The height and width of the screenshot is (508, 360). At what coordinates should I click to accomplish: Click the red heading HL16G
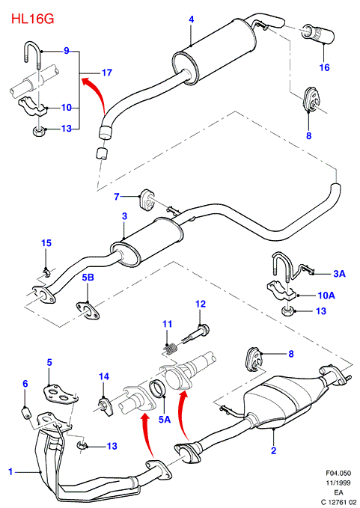(33, 19)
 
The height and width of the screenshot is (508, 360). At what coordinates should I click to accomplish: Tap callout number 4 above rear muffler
(191, 19)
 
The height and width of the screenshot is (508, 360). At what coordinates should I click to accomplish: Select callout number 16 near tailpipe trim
(324, 68)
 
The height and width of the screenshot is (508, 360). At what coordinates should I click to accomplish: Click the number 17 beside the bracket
(106, 73)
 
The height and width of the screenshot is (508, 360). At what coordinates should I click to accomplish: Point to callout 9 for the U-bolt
(67, 51)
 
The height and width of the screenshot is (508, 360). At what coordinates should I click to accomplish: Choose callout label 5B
(87, 278)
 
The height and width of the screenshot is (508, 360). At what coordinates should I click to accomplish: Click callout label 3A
(339, 274)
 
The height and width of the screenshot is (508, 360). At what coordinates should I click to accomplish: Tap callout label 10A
(326, 296)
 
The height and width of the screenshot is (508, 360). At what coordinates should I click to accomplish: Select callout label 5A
(165, 420)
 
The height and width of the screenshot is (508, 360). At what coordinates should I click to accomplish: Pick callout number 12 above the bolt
(201, 304)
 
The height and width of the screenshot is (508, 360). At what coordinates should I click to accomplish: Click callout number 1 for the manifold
(10, 471)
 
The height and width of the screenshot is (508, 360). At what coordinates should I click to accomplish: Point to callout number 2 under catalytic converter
(274, 450)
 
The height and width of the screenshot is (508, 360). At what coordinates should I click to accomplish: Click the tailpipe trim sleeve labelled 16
(318, 34)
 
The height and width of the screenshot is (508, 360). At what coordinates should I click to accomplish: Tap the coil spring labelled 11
(169, 350)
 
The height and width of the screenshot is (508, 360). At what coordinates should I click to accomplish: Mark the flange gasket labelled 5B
(87, 310)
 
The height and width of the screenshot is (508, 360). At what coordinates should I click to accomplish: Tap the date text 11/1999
(338, 483)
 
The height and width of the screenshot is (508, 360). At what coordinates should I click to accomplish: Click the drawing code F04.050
(338, 474)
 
